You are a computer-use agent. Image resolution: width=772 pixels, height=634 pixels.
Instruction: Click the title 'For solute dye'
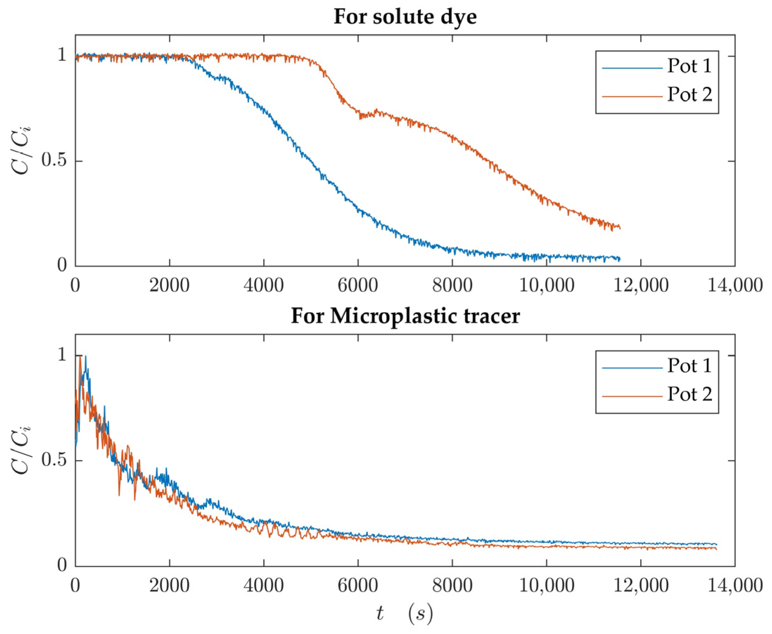pyautogui.click(x=405, y=17)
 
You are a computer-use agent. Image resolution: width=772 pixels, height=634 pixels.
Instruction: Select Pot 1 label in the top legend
pyautogui.click(x=689, y=66)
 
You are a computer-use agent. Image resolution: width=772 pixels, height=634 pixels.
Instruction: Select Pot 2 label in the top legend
pyautogui.click(x=689, y=95)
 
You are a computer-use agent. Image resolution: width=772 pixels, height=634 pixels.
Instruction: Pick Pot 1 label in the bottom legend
pyautogui.click(x=689, y=365)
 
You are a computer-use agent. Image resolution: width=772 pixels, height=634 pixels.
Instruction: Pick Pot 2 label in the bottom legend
pyautogui.click(x=689, y=394)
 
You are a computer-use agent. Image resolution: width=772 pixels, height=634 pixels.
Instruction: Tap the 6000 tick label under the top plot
pyautogui.click(x=357, y=285)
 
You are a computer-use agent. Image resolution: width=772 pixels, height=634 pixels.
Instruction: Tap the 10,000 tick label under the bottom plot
pyautogui.click(x=546, y=586)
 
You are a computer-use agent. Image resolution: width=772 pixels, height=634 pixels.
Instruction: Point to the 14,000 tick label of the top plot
pyautogui.click(x=735, y=285)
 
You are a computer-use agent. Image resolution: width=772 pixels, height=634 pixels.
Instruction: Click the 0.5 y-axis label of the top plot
pyautogui.click(x=54, y=161)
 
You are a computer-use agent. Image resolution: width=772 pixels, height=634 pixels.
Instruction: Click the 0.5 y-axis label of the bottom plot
pyautogui.click(x=54, y=460)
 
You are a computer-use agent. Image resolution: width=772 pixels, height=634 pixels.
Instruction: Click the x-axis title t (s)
pyautogui.click(x=404, y=614)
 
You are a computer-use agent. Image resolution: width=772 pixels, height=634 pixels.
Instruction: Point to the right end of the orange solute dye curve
pyautogui.click(x=620, y=228)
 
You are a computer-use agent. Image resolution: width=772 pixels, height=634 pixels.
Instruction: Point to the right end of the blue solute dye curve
pyautogui.click(x=620, y=259)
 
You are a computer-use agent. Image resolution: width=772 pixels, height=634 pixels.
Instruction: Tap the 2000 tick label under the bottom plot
pyautogui.click(x=169, y=586)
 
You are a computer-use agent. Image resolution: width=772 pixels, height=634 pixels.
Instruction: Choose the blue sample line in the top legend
pyautogui.click(x=632, y=68)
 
